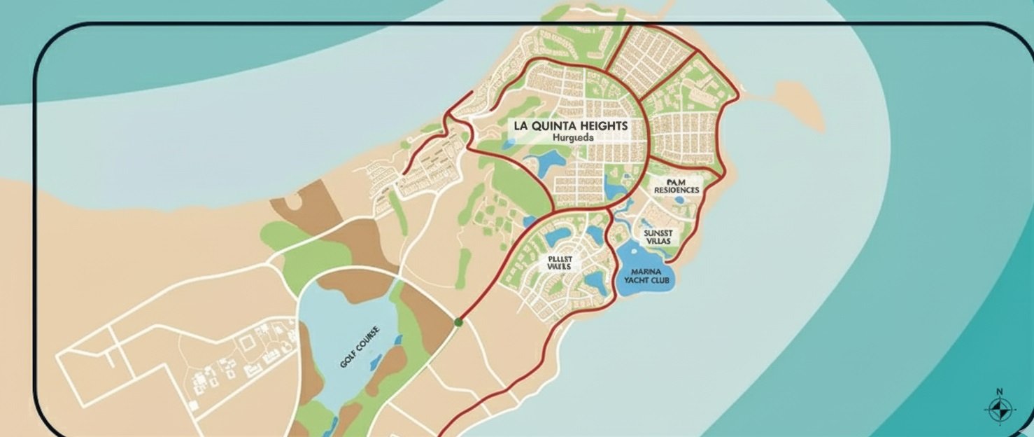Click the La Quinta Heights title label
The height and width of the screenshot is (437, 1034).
point(571,126)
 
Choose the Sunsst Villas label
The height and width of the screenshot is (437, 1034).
point(657,235)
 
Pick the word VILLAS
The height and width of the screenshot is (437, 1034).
point(658,241)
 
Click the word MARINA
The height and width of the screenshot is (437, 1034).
point(646,271)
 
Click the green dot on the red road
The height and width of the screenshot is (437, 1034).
point(458,322)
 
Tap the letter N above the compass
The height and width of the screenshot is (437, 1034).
point(999,392)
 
